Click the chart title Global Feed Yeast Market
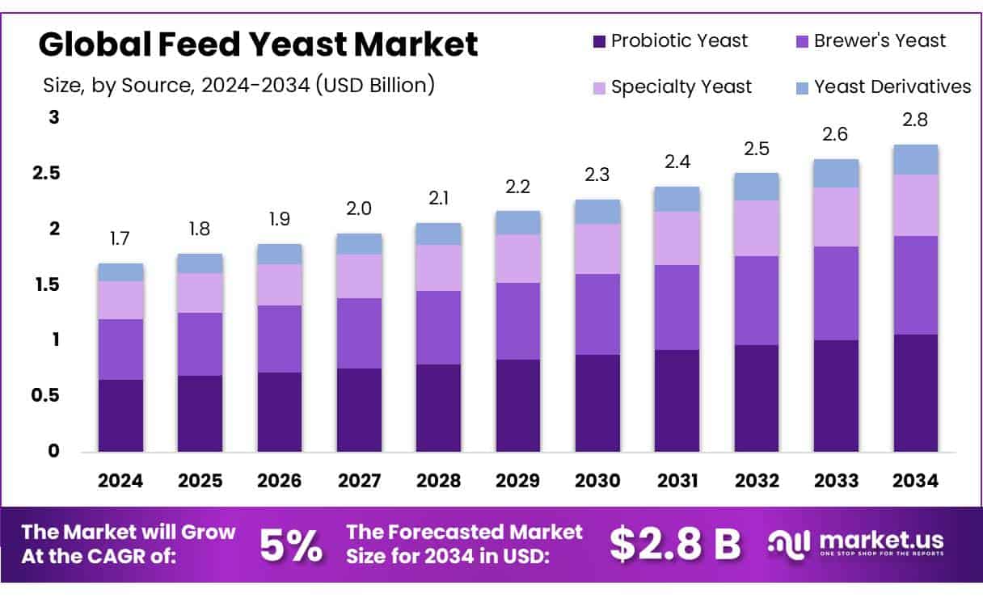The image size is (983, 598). click(x=258, y=44)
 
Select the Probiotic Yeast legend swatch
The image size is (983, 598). click(x=599, y=40)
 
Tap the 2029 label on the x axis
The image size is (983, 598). click(x=518, y=481)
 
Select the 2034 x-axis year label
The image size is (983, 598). click(x=916, y=481)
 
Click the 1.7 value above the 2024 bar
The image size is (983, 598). click(x=120, y=238)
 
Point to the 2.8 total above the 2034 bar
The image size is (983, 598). click(x=916, y=120)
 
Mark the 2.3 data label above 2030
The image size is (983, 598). click(x=597, y=175)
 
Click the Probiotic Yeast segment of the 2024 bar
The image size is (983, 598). click(x=120, y=415)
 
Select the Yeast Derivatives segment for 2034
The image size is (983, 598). click(x=916, y=159)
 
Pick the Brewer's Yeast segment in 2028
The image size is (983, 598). click(x=438, y=327)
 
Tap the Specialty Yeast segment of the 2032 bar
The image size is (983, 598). click(x=757, y=228)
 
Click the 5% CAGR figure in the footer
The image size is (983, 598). click(x=291, y=546)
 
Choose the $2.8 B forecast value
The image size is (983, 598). click(x=675, y=545)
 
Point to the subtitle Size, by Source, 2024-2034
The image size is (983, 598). click(x=238, y=85)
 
